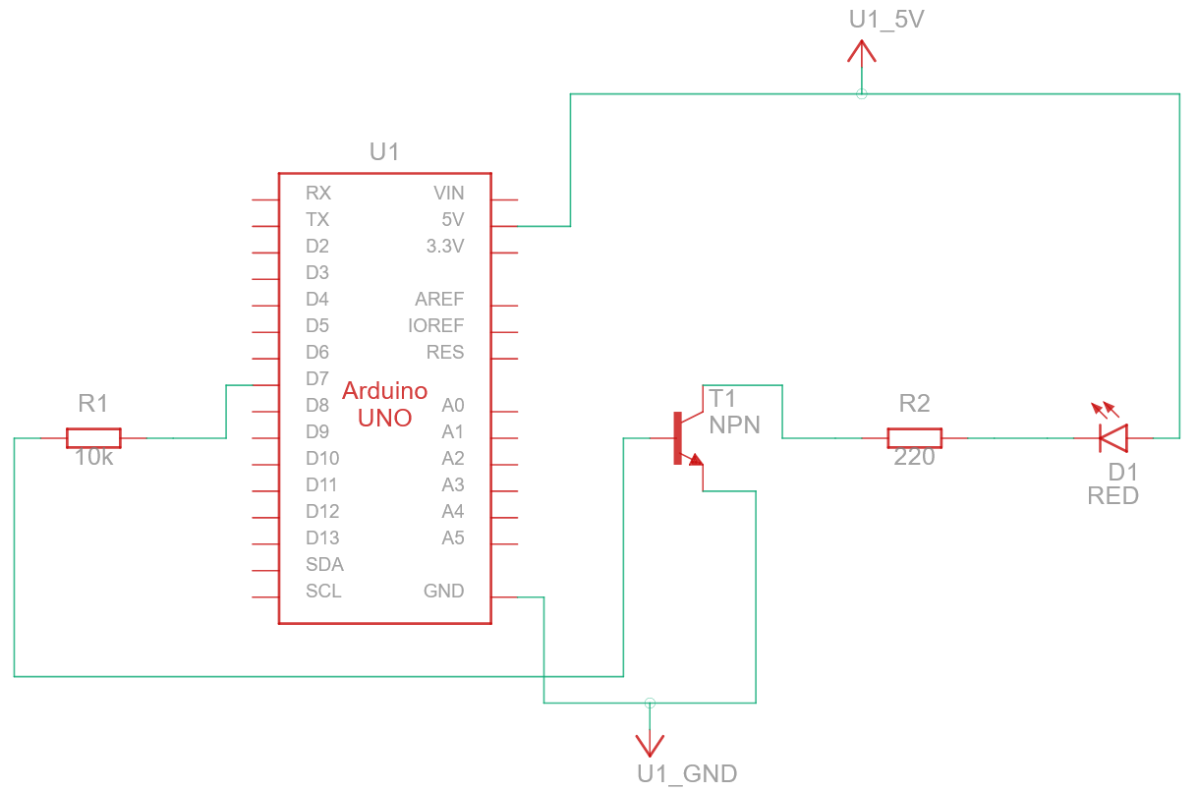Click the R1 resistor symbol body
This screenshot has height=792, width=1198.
[93, 438]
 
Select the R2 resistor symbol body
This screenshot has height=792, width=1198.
[914, 438]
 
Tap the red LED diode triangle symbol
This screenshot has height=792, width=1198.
[1113, 437]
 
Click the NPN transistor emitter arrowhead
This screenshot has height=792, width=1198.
[696, 459]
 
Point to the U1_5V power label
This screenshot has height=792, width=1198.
[885, 19]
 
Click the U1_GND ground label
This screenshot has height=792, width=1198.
[686, 773]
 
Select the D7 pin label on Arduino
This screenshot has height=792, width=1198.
[316, 378]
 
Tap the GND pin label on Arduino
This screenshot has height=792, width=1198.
[443, 591]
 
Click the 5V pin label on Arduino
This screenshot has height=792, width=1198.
[452, 219]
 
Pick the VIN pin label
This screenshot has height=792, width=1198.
[448, 193]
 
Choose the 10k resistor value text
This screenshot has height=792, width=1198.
[93, 458]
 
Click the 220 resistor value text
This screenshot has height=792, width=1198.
[914, 458]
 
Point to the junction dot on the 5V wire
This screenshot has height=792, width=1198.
[862, 94]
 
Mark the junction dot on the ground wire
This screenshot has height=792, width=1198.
[649, 703]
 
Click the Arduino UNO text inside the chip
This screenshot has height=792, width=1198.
[384, 404]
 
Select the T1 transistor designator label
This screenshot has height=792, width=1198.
[722, 398]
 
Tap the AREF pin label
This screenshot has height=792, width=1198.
[439, 299]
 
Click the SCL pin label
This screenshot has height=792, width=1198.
[323, 591]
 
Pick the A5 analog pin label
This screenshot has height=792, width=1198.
[452, 537]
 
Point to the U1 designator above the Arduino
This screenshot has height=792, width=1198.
[384, 151]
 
